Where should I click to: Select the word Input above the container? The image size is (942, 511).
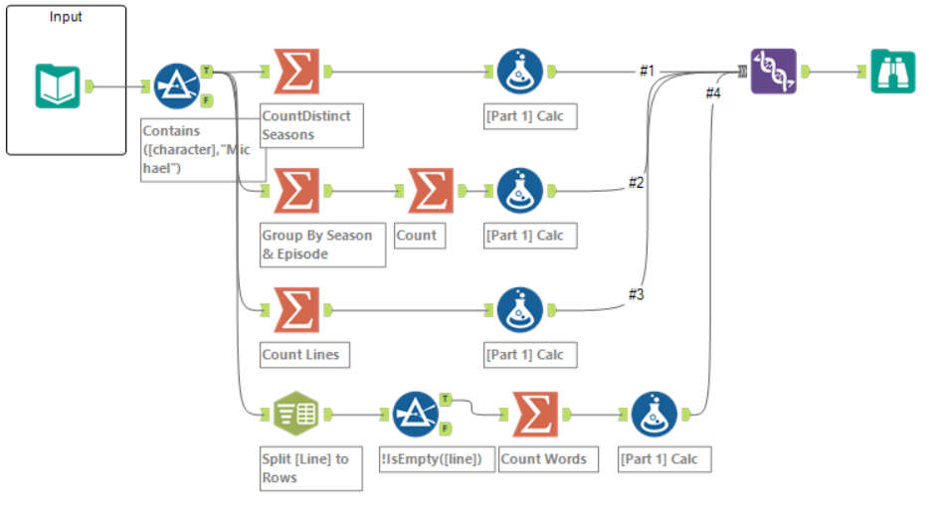click(x=66, y=17)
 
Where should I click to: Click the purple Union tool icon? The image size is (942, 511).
click(x=774, y=71)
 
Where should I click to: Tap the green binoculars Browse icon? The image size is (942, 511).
click(x=893, y=72)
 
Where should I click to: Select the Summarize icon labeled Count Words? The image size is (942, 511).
click(x=536, y=415)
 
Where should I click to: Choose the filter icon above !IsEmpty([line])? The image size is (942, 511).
click(x=416, y=415)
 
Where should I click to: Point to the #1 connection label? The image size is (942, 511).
click(x=648, y=71)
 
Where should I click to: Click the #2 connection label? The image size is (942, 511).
click(x=637, y=182)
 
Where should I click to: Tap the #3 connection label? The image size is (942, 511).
click(x=637, y=294)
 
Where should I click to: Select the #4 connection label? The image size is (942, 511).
click(x=712, y=92)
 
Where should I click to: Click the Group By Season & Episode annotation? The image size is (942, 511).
click(x=321, y=245)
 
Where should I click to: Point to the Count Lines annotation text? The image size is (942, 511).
click(x=300, y=354)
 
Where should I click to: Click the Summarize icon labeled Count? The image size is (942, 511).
click(x=431, y=191)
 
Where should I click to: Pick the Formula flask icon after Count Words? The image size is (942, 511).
click(x=655, y=415)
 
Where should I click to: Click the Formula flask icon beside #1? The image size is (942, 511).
click(x=520, y=72)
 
